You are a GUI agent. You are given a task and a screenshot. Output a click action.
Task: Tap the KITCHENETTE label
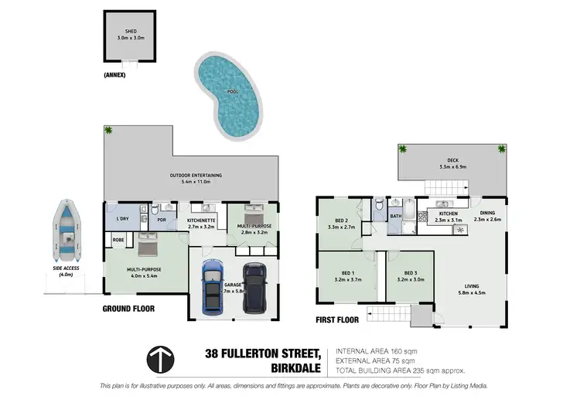point(200,220)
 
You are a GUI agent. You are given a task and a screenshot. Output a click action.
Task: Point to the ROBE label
point(118,241)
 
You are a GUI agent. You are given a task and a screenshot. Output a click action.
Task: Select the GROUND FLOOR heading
point(128,309)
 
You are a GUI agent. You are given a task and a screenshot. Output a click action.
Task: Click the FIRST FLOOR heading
point(338,318)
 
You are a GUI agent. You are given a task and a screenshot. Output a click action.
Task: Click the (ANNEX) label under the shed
point(114,76)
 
